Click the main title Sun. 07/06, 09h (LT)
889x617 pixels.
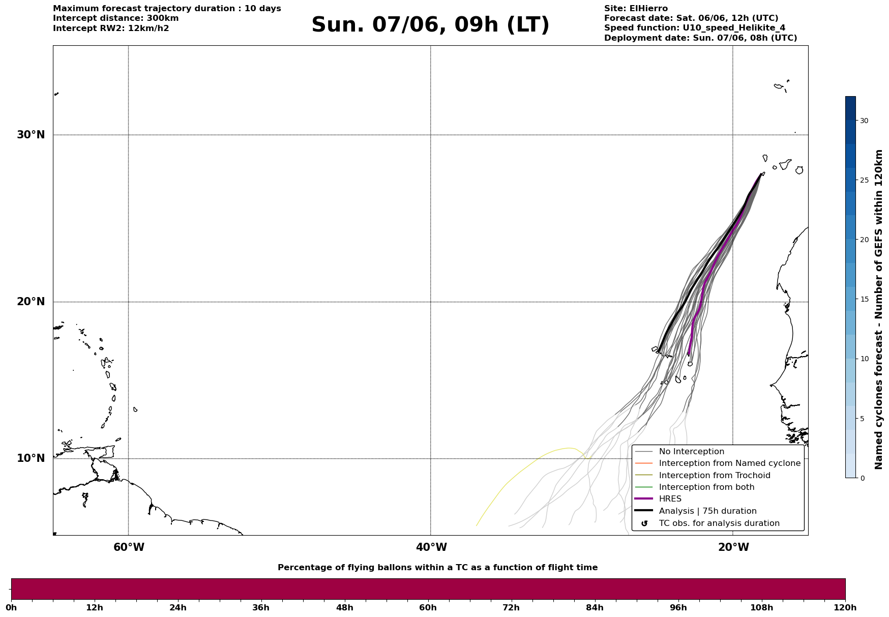[430, 25]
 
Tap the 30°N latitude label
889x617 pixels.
[31, 135]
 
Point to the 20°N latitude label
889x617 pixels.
[31, 302]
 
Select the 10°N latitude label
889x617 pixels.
[31, 458]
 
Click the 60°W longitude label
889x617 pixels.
[129, 547]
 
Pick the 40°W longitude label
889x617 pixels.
[431, 547]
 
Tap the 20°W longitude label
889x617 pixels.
[733, 547]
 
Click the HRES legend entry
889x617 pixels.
[670, 499]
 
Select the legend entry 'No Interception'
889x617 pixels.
[692, 452]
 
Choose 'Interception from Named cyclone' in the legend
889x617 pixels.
[730, 463]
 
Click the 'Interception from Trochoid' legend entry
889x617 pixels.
[715, 476]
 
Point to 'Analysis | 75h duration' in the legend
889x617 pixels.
[708, 511]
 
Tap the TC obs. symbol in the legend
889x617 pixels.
[644, 523]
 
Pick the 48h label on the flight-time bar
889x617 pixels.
[344, 608]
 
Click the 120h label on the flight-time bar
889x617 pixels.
[845, 608]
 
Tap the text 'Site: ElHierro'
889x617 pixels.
[636, 9]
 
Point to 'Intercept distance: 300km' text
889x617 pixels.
[116, 18]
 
